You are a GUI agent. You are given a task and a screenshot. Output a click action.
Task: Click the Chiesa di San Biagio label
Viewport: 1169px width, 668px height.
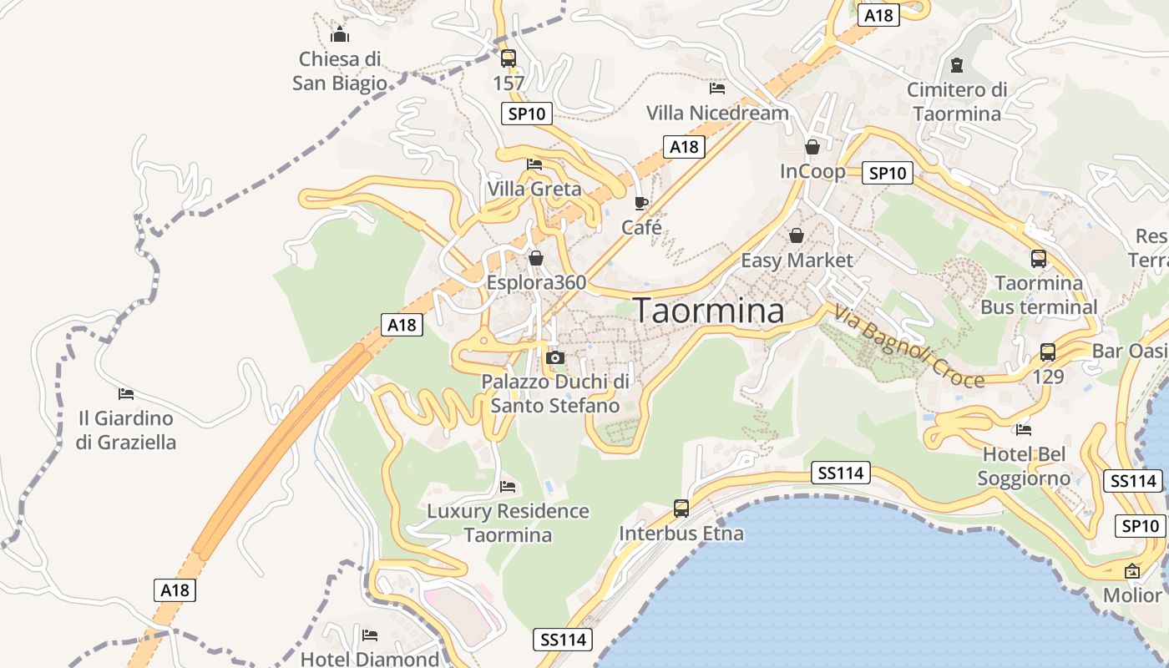tap(340, 71)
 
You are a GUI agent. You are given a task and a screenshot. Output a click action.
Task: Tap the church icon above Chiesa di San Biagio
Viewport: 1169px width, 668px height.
tap(340, 35)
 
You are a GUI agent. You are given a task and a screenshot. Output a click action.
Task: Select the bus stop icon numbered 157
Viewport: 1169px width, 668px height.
tap(508, 58)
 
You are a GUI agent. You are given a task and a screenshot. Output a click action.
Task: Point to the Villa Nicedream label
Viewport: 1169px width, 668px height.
tap(717, 113)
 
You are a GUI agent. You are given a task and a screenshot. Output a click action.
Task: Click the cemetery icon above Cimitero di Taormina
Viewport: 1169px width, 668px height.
tap(957, 64)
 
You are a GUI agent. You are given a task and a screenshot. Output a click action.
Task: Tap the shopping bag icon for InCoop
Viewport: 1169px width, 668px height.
tap(812, 148)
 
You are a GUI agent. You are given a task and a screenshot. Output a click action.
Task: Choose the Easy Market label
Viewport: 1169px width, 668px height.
tap(797, 261)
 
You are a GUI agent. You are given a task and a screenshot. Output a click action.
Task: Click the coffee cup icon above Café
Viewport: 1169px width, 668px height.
tap(640, 203)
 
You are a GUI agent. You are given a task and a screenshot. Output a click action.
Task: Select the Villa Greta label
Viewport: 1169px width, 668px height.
tap(534, 189)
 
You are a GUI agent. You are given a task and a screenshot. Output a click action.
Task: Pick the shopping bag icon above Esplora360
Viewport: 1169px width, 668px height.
tap(535, 258)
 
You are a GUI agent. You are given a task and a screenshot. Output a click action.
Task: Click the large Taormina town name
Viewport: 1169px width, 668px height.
tap(709, 311)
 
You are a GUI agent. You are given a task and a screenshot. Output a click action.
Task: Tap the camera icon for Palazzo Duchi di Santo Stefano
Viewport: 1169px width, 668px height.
tap(554, 358)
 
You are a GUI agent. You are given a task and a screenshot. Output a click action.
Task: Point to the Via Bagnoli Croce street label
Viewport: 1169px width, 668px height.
tap(908, 346)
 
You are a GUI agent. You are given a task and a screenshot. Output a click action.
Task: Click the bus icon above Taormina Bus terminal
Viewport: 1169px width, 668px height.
tap(1038, 259)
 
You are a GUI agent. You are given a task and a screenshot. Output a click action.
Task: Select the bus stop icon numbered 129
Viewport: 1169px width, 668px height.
tap(1048, 352)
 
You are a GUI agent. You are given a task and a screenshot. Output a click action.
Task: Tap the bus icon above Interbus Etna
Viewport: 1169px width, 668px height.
tap(681, 508)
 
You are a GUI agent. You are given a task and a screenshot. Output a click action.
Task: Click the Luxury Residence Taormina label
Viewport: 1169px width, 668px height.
tap(508, 523)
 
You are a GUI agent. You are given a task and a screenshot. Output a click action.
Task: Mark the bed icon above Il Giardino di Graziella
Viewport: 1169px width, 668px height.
tap(126, 393)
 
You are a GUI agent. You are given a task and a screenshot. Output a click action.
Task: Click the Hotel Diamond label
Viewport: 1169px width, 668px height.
tap(369, 659)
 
